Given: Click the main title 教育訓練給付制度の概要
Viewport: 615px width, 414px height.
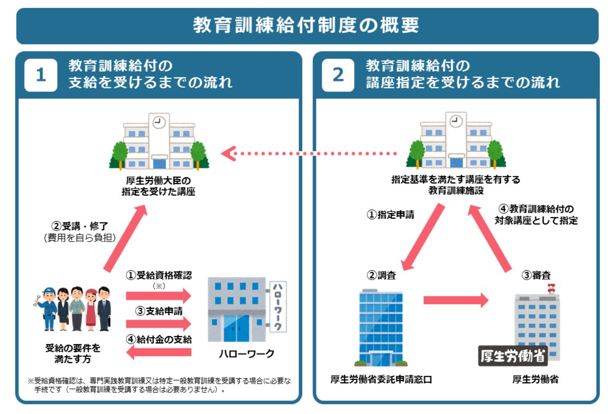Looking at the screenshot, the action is (x=306, y=25).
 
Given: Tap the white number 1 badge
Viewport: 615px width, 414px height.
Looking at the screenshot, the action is (x=41, y=75).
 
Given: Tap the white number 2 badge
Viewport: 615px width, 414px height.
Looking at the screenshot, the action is (x=338, y=75).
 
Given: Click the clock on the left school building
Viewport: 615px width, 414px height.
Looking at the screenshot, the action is (x=158, y=122).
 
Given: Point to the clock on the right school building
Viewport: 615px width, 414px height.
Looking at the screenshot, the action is (x=456, y=121).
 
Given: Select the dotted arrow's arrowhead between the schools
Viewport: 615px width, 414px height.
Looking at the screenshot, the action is (x=228, y=153).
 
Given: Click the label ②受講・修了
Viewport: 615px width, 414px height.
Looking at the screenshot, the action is (x=80, y=226).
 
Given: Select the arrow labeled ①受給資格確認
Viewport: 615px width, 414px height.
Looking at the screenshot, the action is (x=158, y=296).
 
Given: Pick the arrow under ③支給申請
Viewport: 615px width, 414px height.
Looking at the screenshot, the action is (x=158, y=323).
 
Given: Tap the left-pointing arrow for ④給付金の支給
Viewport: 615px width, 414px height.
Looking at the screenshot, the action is (x=158, y=352).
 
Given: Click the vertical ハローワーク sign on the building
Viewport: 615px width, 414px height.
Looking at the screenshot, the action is (x=278, y=306).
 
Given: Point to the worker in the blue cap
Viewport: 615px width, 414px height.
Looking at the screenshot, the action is (x=48, y=309).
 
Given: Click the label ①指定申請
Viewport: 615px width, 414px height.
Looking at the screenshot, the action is (x=391, y=215).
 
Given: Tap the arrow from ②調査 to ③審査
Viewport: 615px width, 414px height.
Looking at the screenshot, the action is (x=456, y=300).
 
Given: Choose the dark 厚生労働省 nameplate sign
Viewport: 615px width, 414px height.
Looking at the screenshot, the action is (x=513, y=356).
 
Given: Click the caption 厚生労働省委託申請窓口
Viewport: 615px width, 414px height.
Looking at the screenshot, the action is (x=381, y=380).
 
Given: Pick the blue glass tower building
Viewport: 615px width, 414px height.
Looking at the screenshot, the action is (x=381, y=328).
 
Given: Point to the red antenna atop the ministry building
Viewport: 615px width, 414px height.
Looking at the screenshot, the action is (x=551, y=289).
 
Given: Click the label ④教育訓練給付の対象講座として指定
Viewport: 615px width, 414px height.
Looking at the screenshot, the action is (x=536, y=215).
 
